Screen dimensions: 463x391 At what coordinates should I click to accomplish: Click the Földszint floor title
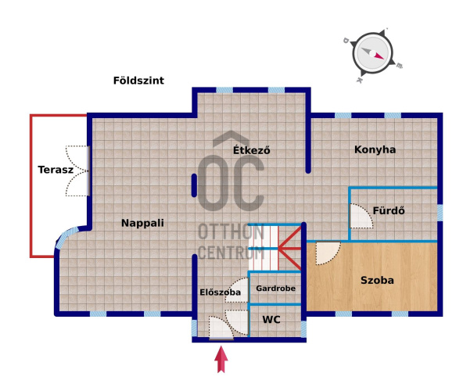(x=138, y=81)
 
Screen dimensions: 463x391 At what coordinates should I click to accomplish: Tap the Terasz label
(x=56, y=170)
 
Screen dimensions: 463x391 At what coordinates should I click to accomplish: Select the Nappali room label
(x=142, y=223)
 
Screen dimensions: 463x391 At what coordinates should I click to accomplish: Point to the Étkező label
(x=252, y=150)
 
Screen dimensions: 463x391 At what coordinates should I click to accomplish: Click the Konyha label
(x=375, y=149)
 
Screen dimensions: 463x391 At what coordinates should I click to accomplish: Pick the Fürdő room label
(x=389, y=210)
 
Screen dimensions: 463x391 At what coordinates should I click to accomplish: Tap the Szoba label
(x=377, y=280)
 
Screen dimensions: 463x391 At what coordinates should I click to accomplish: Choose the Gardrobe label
(x=275, y=289)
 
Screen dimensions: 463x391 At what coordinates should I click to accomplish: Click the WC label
(x=271, y=320)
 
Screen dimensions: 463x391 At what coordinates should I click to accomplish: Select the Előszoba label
(x=220, y=292)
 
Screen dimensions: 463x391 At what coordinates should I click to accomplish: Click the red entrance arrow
(x=221, y=360)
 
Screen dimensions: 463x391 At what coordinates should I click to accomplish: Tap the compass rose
(x=372, y=54)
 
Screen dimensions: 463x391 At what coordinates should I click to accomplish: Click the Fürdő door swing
(x=361, y=216)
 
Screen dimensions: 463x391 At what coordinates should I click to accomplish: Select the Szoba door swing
(x=328, y=253)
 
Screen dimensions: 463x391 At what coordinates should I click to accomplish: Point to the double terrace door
(x=77, y=171)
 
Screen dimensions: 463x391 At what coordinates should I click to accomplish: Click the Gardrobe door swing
(x=237, y=290)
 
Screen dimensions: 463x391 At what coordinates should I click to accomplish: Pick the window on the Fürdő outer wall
(x=440, y=213)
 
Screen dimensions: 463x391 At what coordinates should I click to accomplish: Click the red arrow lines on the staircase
(x=290, y=249)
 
